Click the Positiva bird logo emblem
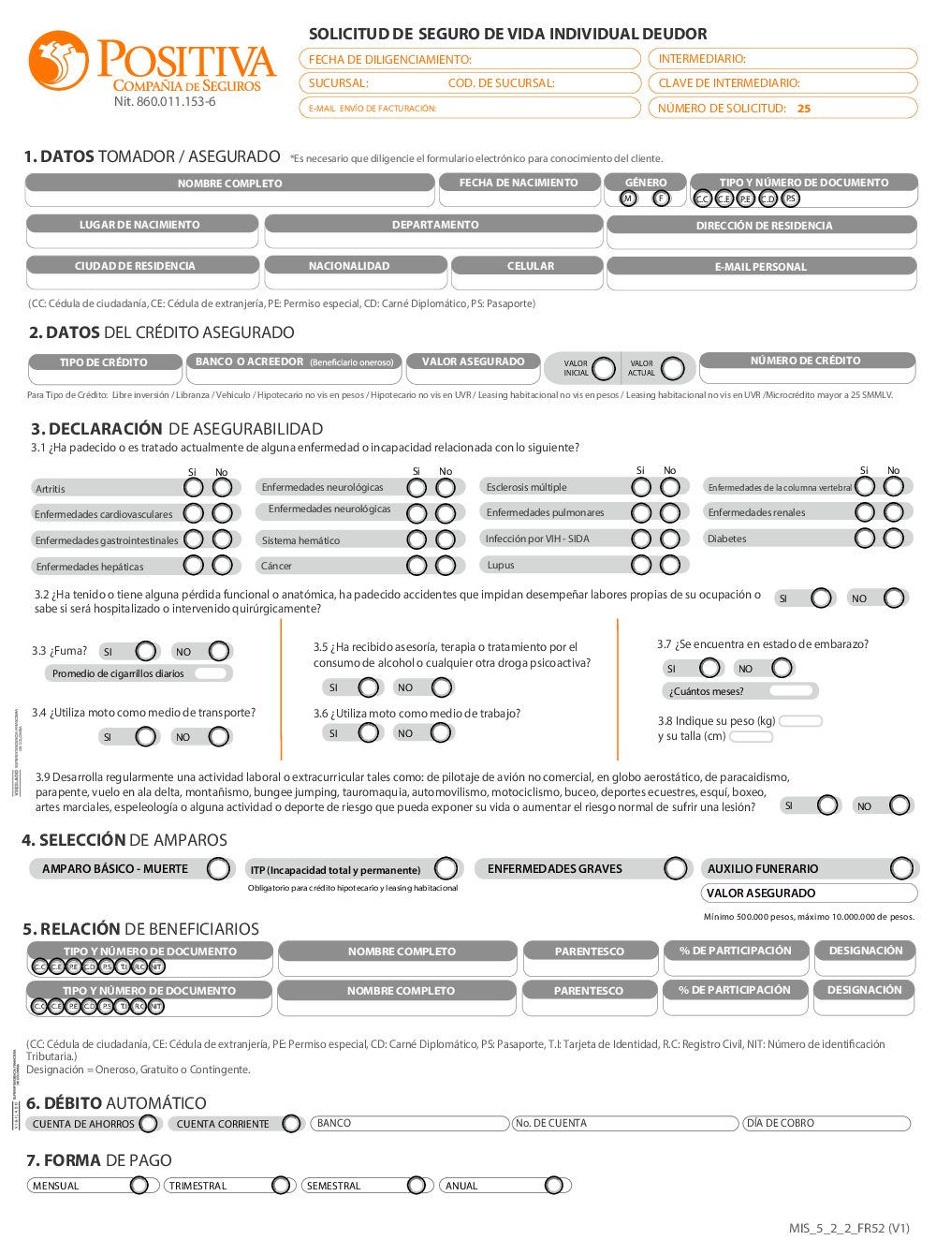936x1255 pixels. (58, 61)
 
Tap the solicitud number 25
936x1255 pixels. (804, 109)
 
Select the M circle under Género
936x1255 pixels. (629, 199)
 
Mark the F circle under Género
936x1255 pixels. (662, 199)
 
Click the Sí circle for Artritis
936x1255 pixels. (194, 488)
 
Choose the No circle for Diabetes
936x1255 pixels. (894, 539)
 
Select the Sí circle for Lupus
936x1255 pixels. (641, 565)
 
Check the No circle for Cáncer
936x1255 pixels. (446, 566)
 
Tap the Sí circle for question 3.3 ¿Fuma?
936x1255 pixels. (147, 651)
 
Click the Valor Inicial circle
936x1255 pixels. (604, 368)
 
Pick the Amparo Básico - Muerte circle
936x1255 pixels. (218, 869)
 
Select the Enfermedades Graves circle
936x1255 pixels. (676, 868)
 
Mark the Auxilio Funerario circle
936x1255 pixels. (901, 868)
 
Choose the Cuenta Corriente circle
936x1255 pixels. (292, 1124)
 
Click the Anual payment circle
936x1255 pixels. (554, 1186)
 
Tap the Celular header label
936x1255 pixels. (531, 266)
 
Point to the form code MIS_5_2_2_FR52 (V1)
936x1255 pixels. (849, 1229)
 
